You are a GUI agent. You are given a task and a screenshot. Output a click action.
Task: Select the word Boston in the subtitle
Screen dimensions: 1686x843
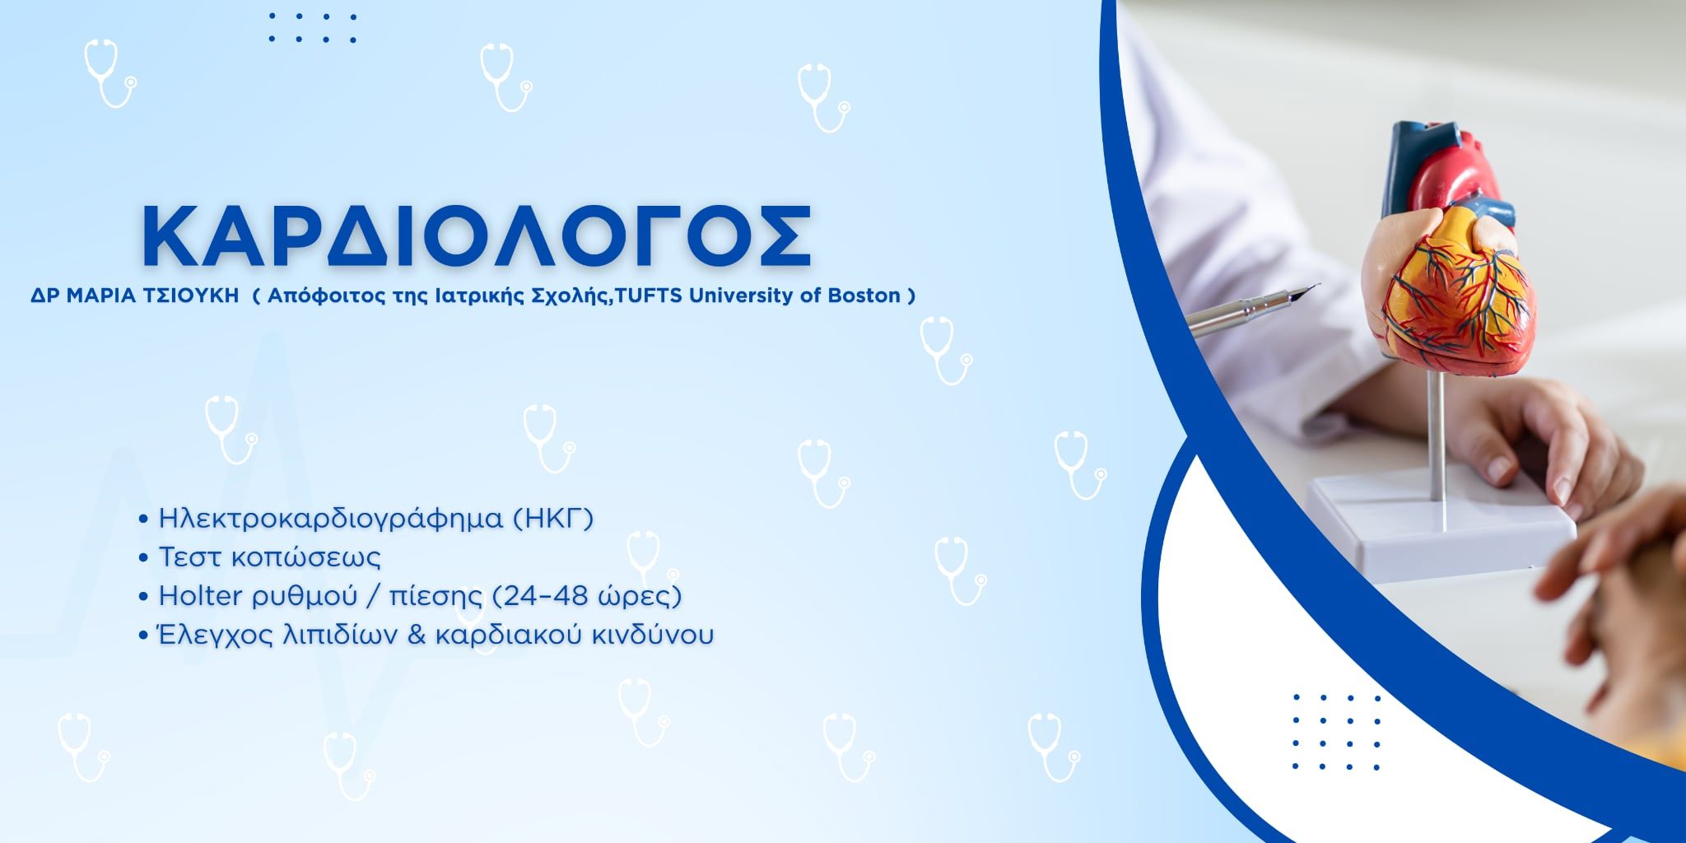[x=864, y=296]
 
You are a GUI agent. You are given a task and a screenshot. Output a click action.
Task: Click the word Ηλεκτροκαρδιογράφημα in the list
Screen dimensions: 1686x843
[x=330, y=519]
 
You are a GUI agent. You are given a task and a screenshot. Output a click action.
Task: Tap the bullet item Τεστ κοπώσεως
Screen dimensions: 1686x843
[x=269, y=557]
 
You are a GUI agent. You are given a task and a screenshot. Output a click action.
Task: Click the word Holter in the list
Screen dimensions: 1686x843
[x=201, y=595]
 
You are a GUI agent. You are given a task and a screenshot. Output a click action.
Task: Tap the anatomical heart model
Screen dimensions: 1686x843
[x=1449, y=247]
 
